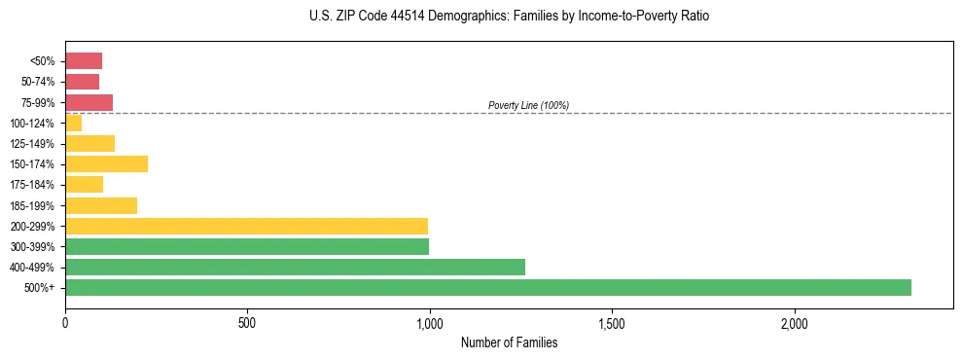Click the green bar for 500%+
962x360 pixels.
pos(487,287)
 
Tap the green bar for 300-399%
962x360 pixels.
pos(247,246)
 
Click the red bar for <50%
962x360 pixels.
pos(84,61)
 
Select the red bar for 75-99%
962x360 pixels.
pos(89,102)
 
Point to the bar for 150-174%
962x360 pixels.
pos(106,163)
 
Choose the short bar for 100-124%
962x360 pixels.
pos(73,123)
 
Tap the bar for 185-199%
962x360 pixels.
pos(101,205)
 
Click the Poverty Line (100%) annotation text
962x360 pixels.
pos(528,105)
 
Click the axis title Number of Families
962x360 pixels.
pos(509,342)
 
